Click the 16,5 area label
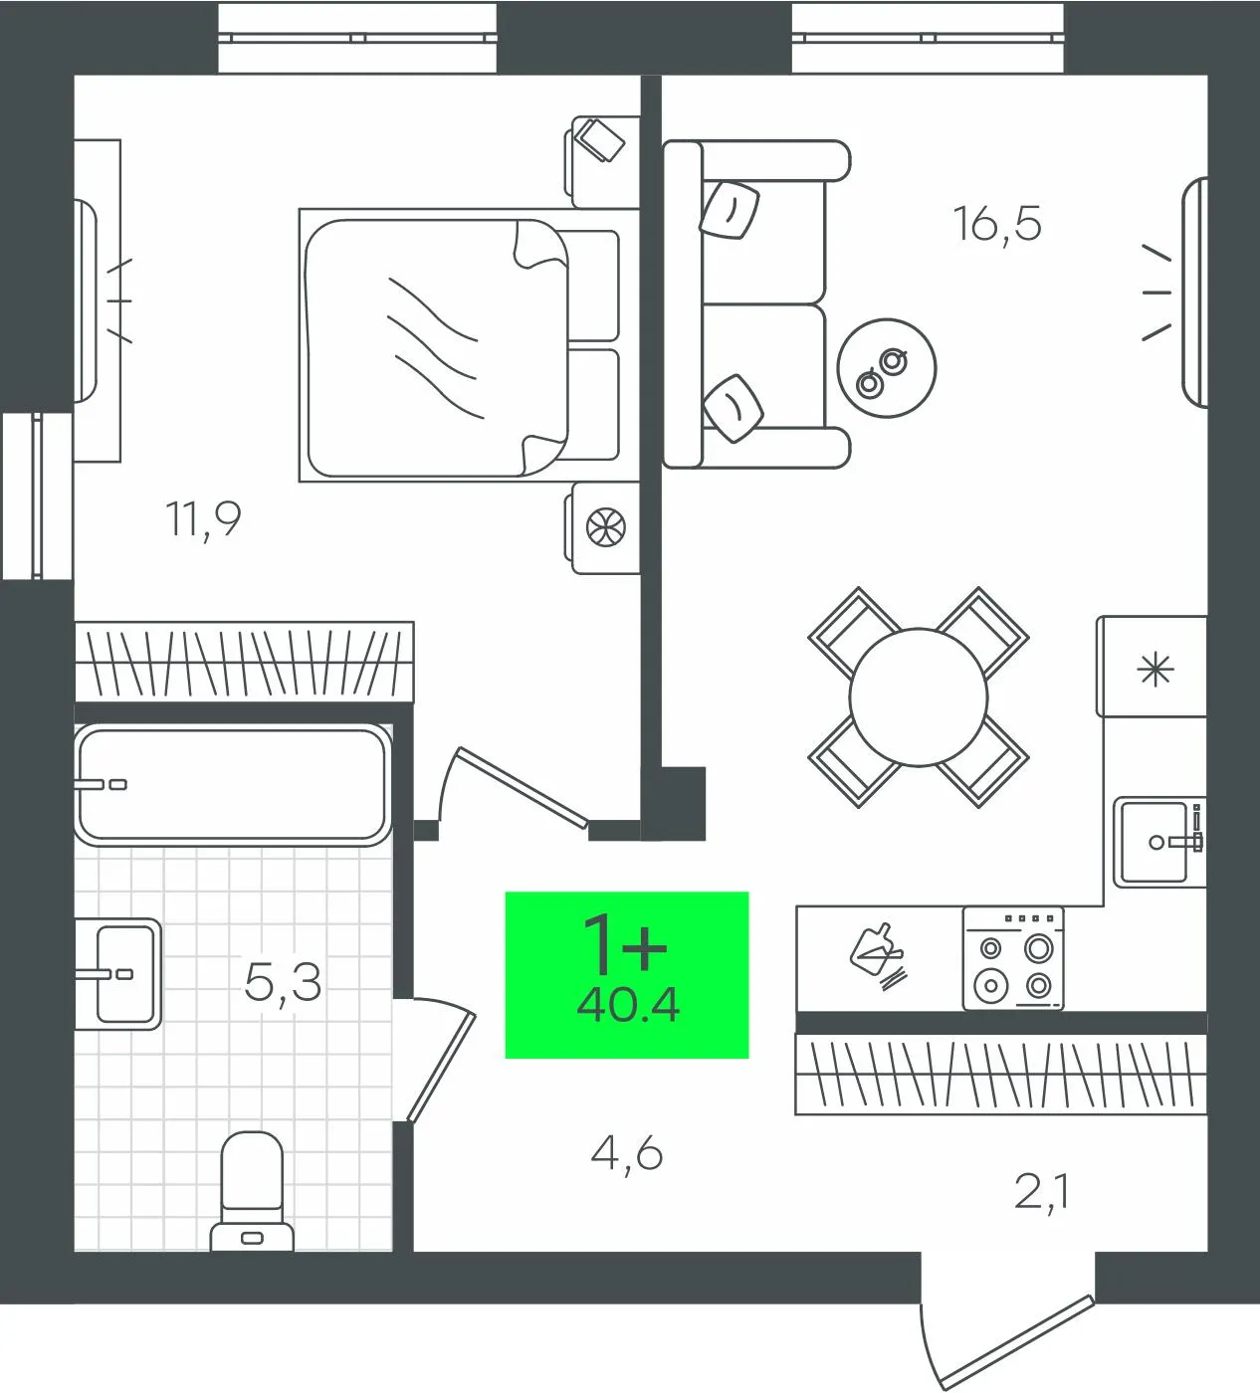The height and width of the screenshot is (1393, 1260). click(997, 224)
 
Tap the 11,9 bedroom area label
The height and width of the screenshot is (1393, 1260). click(203, 518)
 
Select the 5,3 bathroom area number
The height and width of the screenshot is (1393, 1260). click(283, 983)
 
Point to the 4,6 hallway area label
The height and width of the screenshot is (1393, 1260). click(627, 1155)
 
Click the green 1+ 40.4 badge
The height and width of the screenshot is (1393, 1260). click(627, 975)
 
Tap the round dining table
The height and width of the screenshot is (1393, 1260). click(919, 697)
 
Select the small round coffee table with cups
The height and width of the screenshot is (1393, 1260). click(887, 368)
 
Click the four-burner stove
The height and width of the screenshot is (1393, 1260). click(1013, 958)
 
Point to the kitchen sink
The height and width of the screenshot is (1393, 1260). click(1158, 843)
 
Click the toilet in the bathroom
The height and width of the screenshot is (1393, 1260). click(252, 1192)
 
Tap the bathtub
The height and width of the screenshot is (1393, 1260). click(233, 785)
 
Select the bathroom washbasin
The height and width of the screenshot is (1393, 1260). click(118, 973)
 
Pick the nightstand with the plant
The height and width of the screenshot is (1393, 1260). click(602, 527)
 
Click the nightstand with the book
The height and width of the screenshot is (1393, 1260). click(602, 161)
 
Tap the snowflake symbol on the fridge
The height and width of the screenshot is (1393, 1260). click(1155, 670)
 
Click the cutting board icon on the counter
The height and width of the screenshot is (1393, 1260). click(878, 957)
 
